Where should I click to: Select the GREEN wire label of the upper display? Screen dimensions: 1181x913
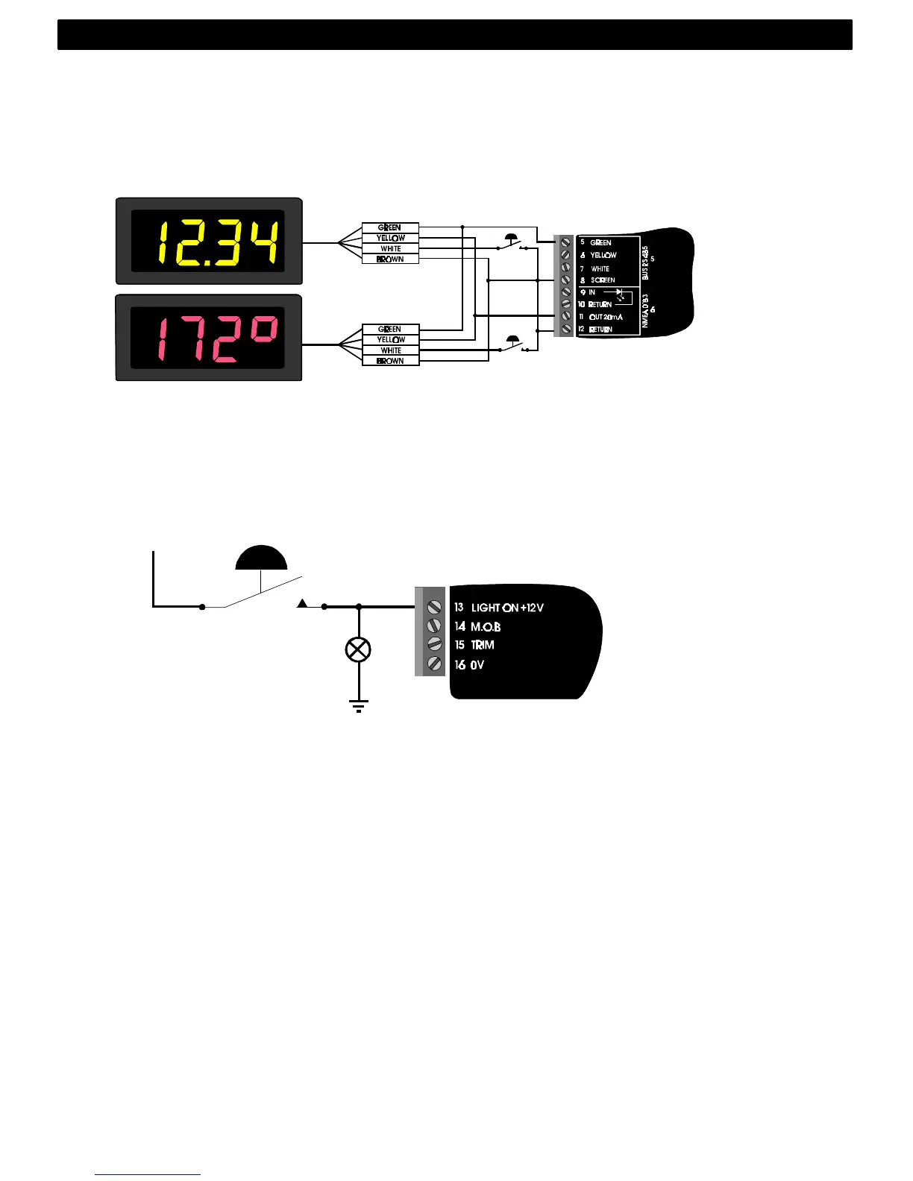(390, 227)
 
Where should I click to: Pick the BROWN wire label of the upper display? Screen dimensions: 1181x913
(390, 259)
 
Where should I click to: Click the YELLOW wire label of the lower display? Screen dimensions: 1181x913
(390, 339)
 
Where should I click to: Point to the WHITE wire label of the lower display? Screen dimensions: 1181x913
(390, 350)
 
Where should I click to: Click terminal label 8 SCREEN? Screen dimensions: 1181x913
(598, 280)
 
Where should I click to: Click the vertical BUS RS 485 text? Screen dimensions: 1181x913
(645, 262)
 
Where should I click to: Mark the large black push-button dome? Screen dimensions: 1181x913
(261, 559)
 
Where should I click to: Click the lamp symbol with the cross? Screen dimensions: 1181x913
(359, 649)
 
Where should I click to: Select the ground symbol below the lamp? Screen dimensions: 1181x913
(359, 705)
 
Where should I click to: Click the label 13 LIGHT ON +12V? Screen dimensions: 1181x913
(499, 608)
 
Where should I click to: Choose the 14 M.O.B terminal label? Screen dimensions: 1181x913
(477, 626)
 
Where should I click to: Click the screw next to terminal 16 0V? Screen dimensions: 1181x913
(433, 664)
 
